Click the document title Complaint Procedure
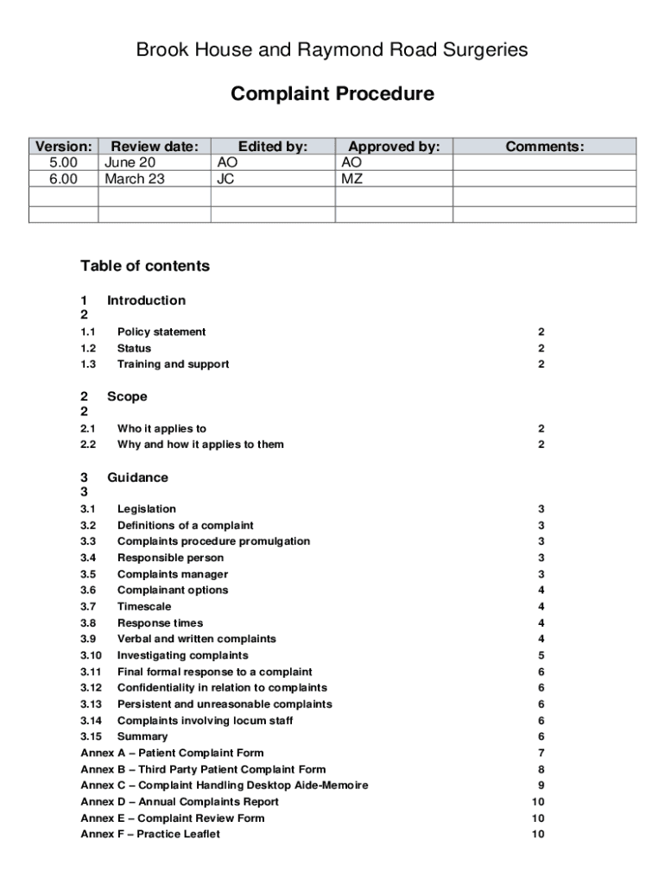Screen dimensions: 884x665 (332, 93)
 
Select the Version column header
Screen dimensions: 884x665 (63, 147)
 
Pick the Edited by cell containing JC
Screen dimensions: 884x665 (225, 180)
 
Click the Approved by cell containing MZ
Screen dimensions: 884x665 (352, 180)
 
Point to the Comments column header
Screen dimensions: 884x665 (545, 147)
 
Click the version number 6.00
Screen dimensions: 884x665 (63, 180)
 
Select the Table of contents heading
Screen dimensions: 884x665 (145, 266)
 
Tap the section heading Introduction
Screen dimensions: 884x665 (146, 300)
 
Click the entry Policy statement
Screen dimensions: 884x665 (161, 331)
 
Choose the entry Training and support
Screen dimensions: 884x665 (173, 364)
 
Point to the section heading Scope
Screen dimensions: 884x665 (127, 397)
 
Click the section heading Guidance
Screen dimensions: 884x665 (137, 477)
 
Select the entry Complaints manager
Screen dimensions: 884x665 (173, 574)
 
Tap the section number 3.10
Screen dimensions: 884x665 (92, 655)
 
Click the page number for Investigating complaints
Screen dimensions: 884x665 (541, 655)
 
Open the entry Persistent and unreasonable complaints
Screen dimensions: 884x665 (225, 704)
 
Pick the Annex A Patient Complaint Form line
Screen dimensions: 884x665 (172, 753)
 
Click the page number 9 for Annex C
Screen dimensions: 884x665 (541, 786)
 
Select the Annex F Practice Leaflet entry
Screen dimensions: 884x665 (150, 834)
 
